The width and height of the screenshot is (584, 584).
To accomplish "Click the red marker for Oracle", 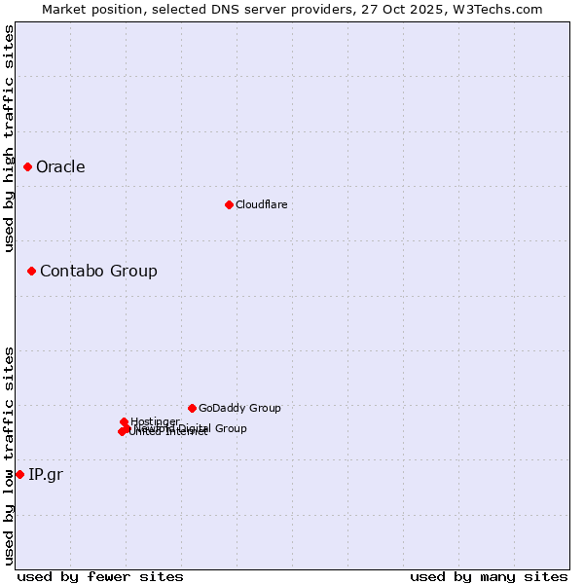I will [28, 167].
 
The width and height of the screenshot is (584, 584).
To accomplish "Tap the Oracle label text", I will [60, 167].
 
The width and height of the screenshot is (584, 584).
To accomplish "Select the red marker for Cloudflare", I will [229, 204].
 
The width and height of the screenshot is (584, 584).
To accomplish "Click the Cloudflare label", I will [261, 204].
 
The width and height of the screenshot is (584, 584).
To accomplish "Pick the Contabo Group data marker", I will [32, 271].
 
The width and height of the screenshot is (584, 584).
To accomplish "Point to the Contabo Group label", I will [98, 272].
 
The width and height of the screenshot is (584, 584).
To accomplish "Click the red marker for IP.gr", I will [19, 474].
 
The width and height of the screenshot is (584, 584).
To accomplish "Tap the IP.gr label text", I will [47, 475].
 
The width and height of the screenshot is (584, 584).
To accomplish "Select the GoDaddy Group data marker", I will [192, 408].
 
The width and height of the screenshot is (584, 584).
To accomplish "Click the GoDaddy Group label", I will [239, 409].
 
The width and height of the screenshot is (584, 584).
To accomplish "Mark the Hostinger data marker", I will [125, 421].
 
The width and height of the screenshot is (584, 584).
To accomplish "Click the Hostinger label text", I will [155, 421].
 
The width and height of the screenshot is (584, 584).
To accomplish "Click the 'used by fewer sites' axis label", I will [100, 576].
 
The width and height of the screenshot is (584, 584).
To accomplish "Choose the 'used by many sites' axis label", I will [489, 576].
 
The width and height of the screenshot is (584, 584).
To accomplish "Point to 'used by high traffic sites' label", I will [10, 138].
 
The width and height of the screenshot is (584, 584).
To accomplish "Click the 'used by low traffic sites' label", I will [10, 456].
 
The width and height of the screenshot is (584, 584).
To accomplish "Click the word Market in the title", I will [65, 9].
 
